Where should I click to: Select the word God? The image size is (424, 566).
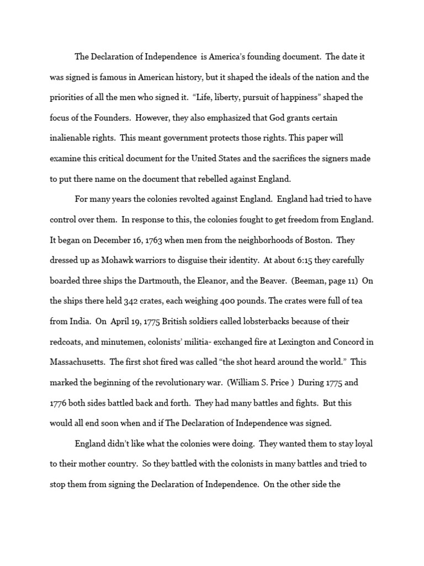pyautogui.click(x=274, y=118)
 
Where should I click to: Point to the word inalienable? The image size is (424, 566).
pyautogui.click(x=72, y=138)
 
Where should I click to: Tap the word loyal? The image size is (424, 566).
pyautogui.click(x=363, y=444)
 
